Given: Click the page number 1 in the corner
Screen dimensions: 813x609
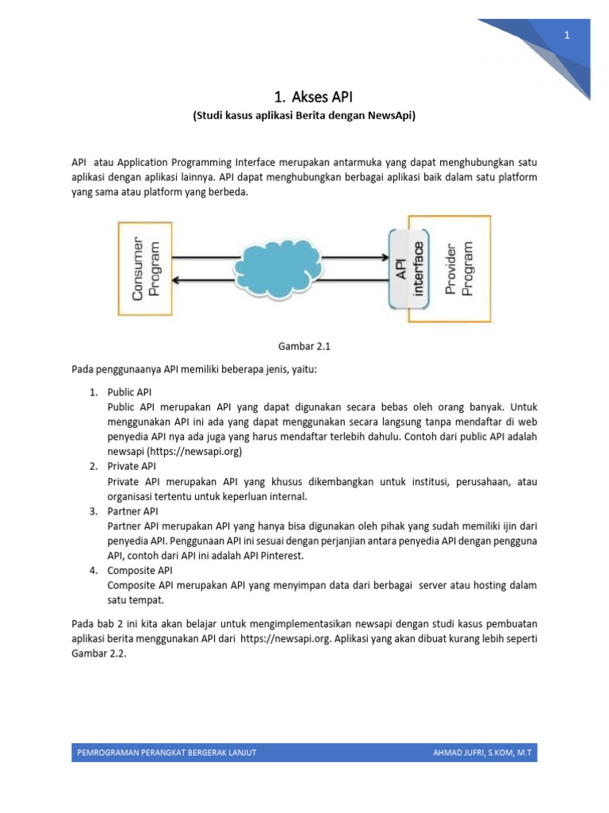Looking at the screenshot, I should click(567, 35).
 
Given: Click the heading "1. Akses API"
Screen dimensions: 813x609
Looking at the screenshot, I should click(304, 97).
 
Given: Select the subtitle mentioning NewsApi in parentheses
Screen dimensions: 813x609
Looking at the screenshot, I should click(304, 116).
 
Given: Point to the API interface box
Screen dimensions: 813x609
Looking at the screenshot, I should click(408, 268).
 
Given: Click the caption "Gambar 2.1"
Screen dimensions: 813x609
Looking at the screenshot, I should click(304, 347).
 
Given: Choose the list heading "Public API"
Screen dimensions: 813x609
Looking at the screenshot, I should click(130, 392).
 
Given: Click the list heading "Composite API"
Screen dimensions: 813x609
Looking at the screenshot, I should click(140, 571).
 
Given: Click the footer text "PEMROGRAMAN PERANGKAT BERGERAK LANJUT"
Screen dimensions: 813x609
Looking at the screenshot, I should click(167, 753).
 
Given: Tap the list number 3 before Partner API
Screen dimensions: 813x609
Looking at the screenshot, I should click(93, 511).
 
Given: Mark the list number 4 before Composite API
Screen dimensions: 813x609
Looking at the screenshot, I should click(93, 571).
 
